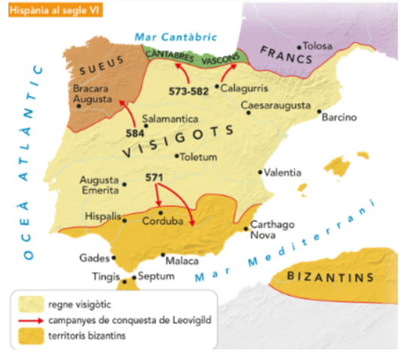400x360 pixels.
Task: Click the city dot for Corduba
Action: [160, 214]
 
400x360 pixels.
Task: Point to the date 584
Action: [135, 133]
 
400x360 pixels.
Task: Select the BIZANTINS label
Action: [330, 277]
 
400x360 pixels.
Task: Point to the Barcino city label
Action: [338, 118]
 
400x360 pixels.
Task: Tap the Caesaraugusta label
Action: [275, 106]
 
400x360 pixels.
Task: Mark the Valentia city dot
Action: [260, 173]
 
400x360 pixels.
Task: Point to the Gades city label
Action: [92, 258]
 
